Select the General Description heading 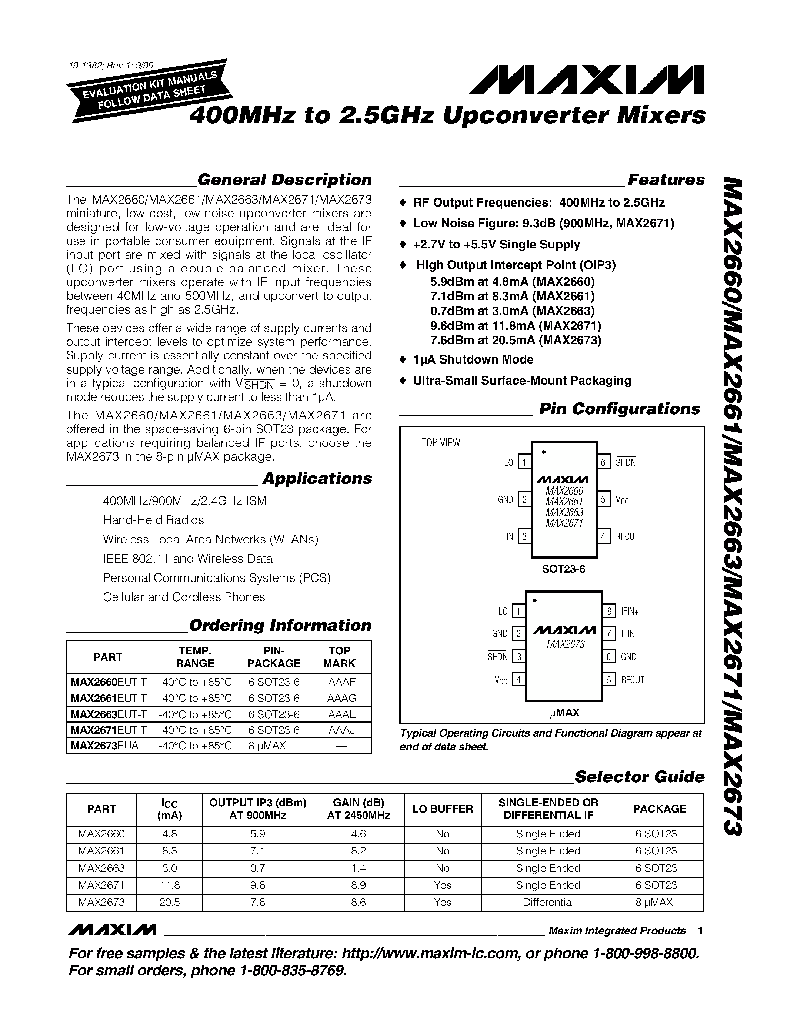pos(284,180)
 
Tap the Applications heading pos(317,479)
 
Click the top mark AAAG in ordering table pos(341,698)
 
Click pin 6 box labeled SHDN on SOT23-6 pos(603,462)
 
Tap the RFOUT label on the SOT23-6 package pos(627,536)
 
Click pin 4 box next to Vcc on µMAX pos(518,679)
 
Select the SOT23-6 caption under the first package pos(564,569)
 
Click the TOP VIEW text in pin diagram pos(441,443)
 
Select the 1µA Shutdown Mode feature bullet pos(473,359)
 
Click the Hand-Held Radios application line pos(153,520)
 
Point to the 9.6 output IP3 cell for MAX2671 pos(257,885)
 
